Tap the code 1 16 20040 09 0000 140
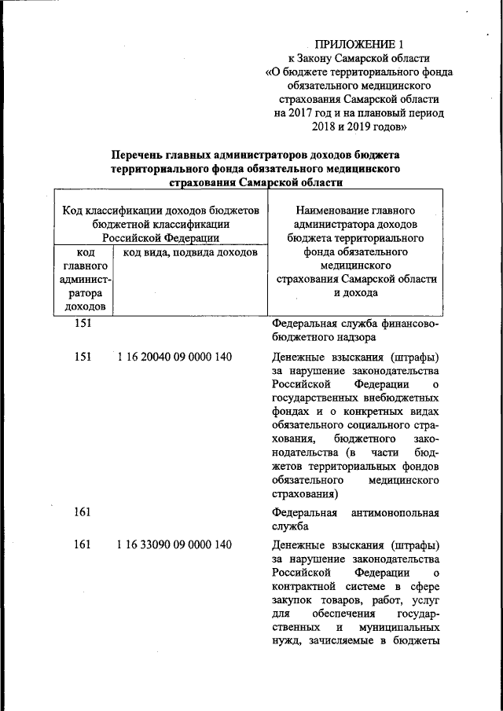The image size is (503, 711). [174, 357]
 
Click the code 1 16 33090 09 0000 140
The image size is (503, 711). [174, 544]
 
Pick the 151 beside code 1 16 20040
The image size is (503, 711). [83, 357]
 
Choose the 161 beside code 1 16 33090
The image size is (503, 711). [83, 544]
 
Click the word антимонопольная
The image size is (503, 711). [396, 513]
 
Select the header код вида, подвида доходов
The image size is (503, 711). [185, 253]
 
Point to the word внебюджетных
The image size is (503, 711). [397, 399]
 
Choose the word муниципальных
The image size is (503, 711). [398, 629]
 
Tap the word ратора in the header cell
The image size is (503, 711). [83, 292]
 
